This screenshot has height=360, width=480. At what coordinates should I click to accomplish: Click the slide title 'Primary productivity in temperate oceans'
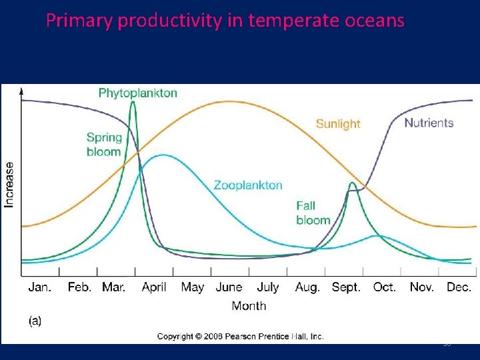coord(225,21)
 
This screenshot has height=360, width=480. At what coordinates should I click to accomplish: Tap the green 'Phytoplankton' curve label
coord(138,93)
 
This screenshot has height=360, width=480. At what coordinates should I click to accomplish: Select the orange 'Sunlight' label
coord(337,123)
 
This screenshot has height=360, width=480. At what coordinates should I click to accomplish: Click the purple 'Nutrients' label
coord(429,123)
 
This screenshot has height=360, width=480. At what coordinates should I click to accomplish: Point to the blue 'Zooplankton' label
coord(248,185)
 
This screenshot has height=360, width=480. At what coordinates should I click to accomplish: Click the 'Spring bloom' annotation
coord(104,145)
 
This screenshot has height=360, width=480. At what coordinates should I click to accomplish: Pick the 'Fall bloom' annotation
coord(313,213)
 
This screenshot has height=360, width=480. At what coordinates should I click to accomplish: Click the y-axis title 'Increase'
coord(9,184)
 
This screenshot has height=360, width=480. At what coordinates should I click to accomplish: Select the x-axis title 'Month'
coord(249,306)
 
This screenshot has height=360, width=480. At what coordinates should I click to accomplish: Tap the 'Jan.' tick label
coord(40,287)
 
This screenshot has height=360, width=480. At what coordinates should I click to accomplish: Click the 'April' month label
coord(154,287)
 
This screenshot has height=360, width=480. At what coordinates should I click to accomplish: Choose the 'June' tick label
coord(229,287)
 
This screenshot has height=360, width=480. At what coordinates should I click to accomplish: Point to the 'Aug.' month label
coord(307,287)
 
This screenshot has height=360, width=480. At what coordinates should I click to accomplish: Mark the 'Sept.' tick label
coord(345,287)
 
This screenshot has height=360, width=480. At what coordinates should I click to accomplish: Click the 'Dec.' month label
coord(459,287)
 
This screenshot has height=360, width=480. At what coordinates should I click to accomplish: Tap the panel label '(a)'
coord(35,321)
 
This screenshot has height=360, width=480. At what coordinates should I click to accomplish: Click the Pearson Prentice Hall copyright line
coord(240,337)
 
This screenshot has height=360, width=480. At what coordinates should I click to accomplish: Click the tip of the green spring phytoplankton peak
coord(134,102)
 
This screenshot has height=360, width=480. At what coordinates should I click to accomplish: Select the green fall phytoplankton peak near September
coord(351,183)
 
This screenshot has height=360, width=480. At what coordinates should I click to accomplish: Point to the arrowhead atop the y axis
coord(22,90)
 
